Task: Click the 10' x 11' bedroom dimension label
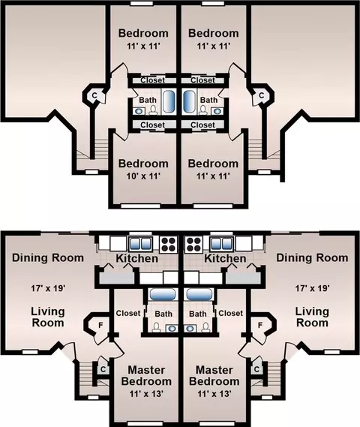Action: (142, 176)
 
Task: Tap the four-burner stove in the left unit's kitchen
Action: (169, 244)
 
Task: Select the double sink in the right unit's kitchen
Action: (222, 243)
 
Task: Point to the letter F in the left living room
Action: (100, 325)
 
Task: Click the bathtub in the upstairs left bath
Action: (169, 101)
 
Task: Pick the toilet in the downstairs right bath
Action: (205, 327)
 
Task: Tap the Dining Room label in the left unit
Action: (48, 257)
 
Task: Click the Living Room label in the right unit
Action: (312, 317)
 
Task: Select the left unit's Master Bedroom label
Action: (146, 375)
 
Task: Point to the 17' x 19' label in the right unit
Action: (313, 288)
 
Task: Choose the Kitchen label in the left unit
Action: (136, 258)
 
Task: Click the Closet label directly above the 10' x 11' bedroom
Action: (153, 125)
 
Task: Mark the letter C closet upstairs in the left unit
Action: (94, 95)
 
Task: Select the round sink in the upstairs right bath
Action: (217, 111)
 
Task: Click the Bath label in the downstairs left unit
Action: (163, 314)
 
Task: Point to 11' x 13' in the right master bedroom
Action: (214, 393)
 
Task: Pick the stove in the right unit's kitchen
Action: (193, 244)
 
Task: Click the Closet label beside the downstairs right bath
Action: (230, 313)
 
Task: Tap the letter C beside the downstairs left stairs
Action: (103, 369)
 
